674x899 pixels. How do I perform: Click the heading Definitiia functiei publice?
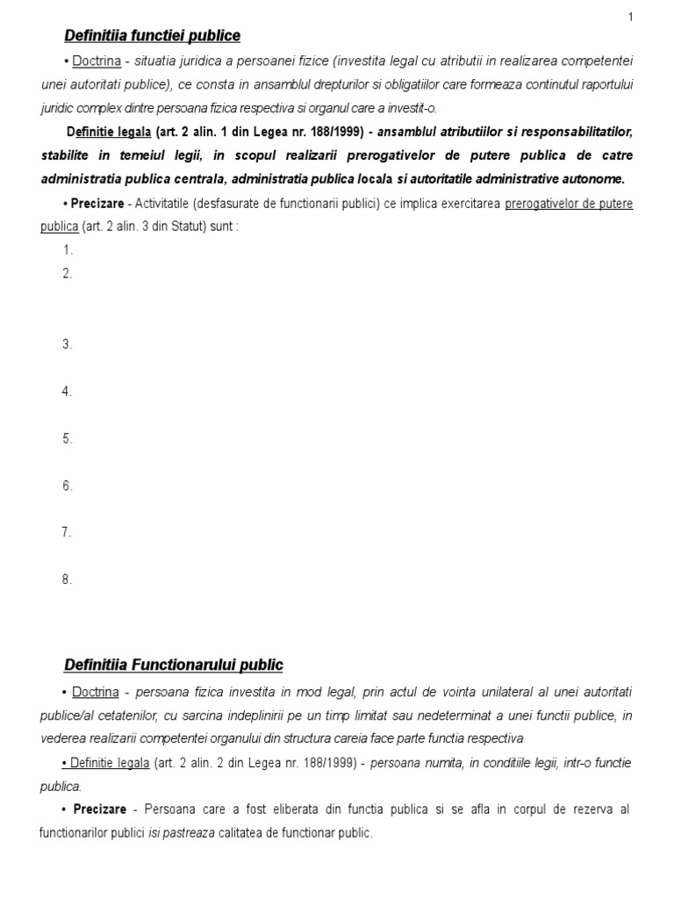click(152, 36)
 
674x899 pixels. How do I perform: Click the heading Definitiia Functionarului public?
click(174, 665)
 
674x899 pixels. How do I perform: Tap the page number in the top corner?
click(655, 17)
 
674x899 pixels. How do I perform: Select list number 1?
click(67, 250)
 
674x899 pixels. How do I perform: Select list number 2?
click(67, 274)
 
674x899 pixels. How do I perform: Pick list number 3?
click(67, 344)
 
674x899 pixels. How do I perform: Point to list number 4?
click(67, 392)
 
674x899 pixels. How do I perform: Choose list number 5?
click(67, 439)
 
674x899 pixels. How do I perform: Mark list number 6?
click(67, 485)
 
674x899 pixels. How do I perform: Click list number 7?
click(67, 532)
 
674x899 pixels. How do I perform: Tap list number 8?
click(67, 579)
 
